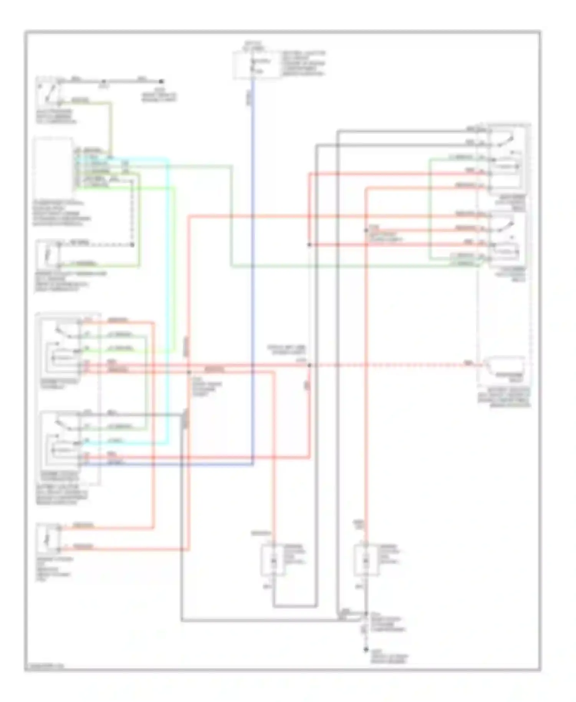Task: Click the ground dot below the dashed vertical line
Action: [366, 650]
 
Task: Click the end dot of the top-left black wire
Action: [161, 81]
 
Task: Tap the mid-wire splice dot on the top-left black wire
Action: [103, 81]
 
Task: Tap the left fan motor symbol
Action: [273, 561]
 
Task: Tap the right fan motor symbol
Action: [366, 561]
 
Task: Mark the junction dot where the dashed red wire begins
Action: [310, 365]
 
